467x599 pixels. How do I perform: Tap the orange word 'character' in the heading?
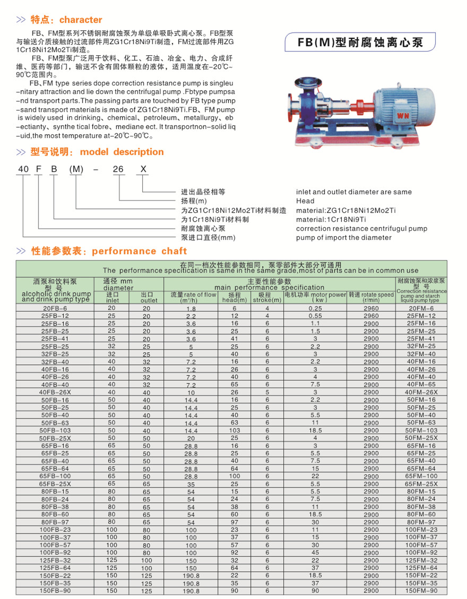(x=81, y=20)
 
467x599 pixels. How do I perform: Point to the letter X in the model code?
(x=143, y=169)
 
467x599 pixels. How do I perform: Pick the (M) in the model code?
(x=76, y=169)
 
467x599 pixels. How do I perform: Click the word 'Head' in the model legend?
(x=305, y=201)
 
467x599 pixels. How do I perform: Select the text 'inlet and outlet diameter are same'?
(x=353, y=192)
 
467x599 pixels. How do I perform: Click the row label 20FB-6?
(x=55, y=308)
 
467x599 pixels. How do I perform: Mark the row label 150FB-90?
(x=55, y=591)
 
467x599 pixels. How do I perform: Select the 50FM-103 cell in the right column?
(x=421, y=430)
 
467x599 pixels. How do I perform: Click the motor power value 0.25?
(x=315, y=308)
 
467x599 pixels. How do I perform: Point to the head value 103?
(x=235, y=430)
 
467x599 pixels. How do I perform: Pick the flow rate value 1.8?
(x=191, y=309)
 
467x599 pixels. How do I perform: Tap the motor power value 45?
(x=315, y=552)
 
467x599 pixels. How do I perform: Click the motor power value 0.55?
(x=315, y=316)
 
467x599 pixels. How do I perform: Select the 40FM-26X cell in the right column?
(x=421, y=392)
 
